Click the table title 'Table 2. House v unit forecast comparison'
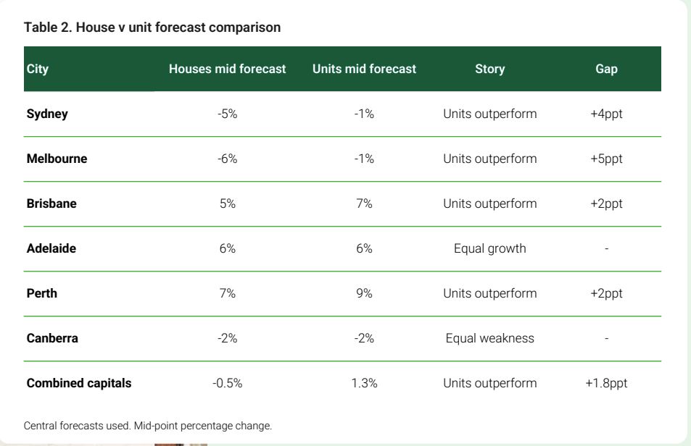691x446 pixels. (x=152, y=28)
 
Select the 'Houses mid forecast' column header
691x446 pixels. (x=228, y=69)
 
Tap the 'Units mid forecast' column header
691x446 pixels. (x=364, y=69)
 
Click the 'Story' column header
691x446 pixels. (x=489, y=69)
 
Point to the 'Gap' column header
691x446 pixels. (x=606, y=69)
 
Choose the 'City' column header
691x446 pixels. (x=38, y=69)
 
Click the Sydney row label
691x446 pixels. (x=47, y=114)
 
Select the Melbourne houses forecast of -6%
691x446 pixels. (x=228, y=159)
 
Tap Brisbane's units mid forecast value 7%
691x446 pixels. (x=364, y=203)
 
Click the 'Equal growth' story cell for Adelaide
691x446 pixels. (x=489, y=248)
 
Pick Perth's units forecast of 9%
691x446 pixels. (x=364, y=293)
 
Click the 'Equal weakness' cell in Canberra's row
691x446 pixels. (x=489, y=338)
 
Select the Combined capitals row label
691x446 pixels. (x=79, y=383)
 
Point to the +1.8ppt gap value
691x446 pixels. (x=606, y=383)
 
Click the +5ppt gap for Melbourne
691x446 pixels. (x=606, y=159)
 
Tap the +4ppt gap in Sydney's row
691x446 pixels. (x=606, y=114)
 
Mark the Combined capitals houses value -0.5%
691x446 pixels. (x=228, y=383)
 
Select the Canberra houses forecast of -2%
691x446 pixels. (x=228, y=338)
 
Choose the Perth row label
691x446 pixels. (x=42, y=293)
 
